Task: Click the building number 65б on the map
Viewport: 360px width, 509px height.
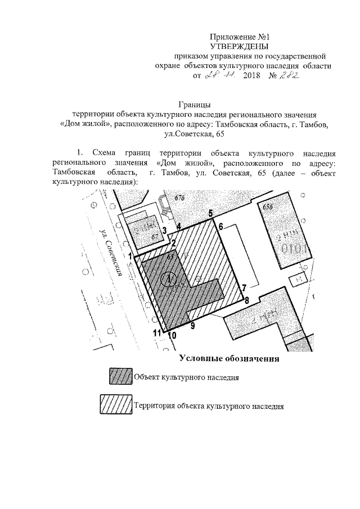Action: click(268, 207)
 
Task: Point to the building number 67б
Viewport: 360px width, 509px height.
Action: click(179, 198)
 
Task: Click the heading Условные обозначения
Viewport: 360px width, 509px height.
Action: click(229, 358)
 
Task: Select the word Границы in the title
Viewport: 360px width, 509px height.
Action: click(195, 104)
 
